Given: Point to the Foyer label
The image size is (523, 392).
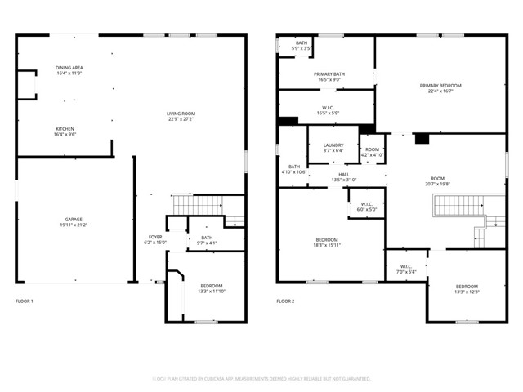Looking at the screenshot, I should point(154,239).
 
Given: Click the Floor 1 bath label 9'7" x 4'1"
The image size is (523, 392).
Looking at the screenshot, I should point(206,240).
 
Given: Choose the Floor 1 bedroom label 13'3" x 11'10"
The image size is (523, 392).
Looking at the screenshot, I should point(210,288).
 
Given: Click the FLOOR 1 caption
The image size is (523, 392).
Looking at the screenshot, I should point(25,301).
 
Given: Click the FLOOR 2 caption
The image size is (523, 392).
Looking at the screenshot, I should point(284,301).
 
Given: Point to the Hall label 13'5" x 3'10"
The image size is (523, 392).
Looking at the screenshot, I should point(344,178).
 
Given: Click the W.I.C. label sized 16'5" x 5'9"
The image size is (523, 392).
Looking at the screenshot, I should point(327,109).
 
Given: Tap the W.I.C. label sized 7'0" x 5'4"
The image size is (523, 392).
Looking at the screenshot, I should point(406,269).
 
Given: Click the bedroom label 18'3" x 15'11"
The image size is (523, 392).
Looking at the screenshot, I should point(328,242).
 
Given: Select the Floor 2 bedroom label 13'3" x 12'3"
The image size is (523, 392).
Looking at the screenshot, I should point(467,289).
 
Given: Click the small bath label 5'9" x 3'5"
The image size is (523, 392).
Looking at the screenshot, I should point(302,46).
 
